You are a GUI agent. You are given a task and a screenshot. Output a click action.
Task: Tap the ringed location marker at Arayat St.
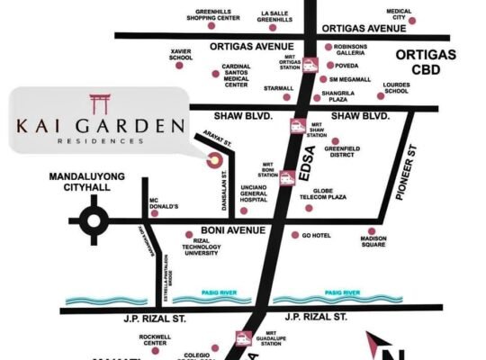pyautogui.click(x=214, y=160)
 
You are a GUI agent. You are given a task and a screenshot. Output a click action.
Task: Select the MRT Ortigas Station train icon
pyautogui.click(x=309, y=64)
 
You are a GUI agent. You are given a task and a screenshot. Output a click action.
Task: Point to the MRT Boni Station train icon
pyautogui.click(x=287, y=178)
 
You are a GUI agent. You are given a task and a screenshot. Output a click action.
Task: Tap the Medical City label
pyautogui.click(x=399, y=15)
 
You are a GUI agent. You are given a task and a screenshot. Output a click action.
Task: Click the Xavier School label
pyautogui.click(x=180, y=55)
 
